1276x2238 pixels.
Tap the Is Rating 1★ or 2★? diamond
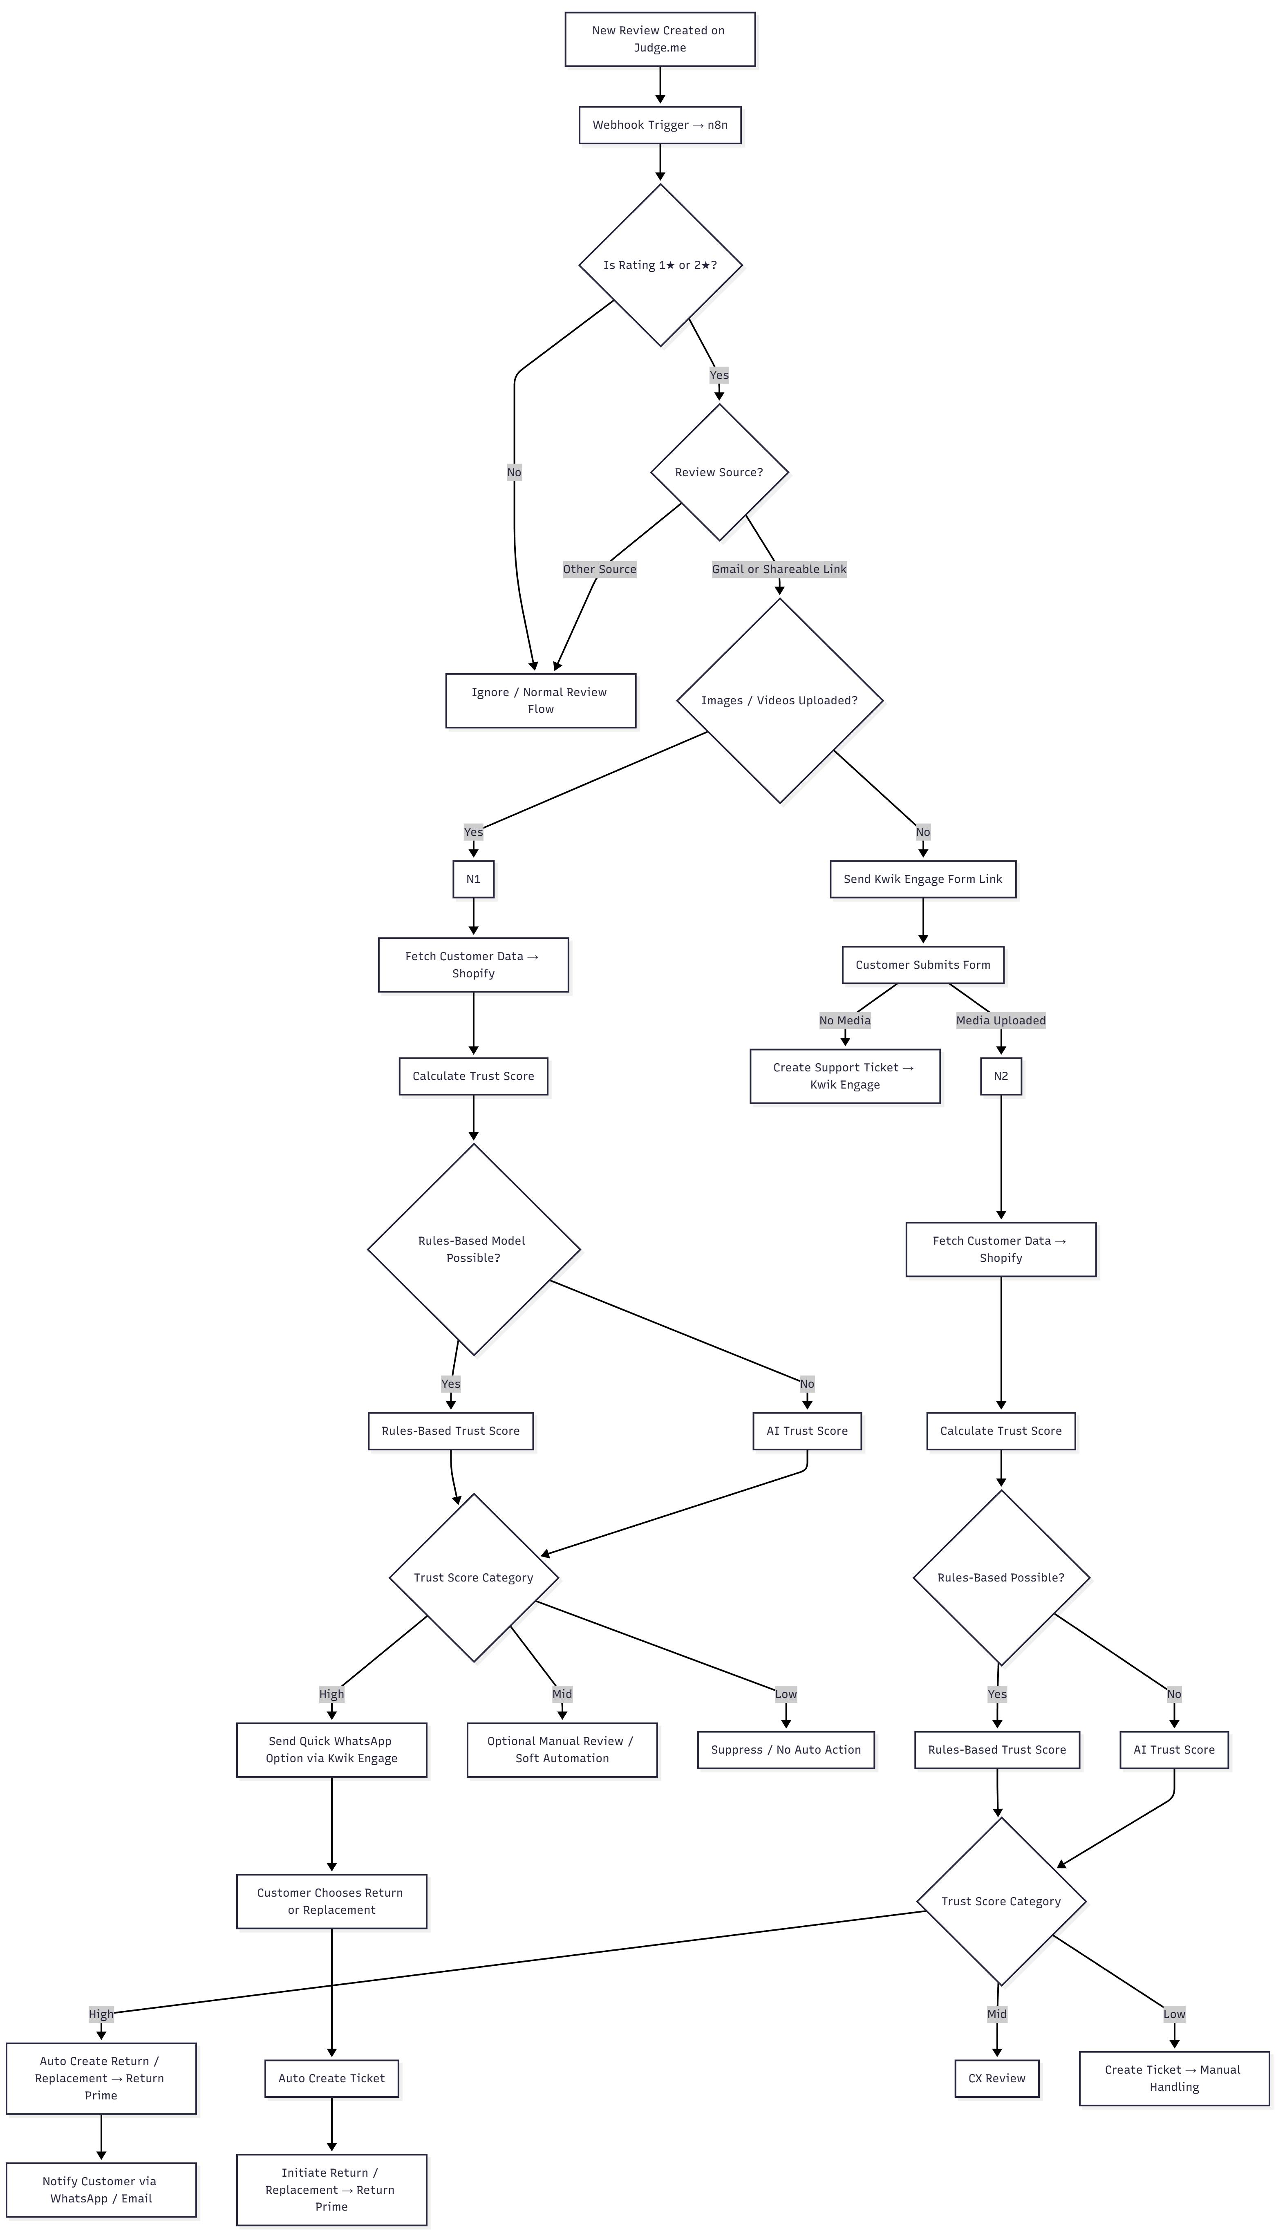(660, 264)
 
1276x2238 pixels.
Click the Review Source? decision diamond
(719, 472)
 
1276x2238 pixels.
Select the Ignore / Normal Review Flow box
(540, 700)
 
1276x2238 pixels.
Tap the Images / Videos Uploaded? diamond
(779, 700)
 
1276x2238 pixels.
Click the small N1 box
(473, 879)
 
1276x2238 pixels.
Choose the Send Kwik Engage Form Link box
(923, 879)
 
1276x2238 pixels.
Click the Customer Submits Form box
(923, 965)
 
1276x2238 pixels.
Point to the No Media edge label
(845, 1020)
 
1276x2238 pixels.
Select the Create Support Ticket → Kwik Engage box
(845, 1076)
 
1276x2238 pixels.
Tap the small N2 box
(1001, 1076)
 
